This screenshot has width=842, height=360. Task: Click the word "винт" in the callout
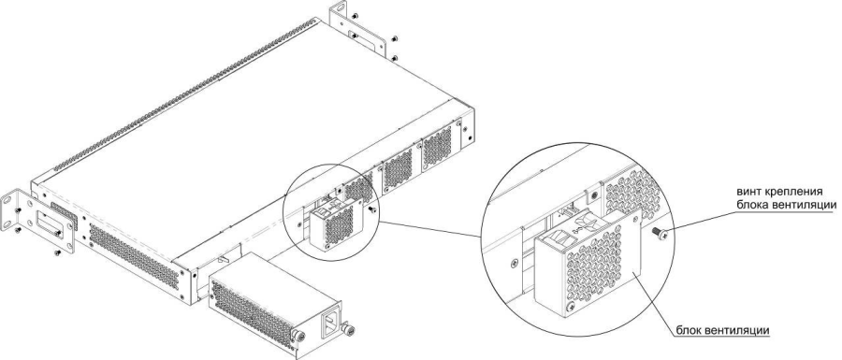tap(749, 193)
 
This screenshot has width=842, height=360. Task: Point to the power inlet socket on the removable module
tap(328, 324)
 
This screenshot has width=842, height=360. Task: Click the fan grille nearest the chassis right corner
tap(437, 145)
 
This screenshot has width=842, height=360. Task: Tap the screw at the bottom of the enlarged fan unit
tap(572, 307)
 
